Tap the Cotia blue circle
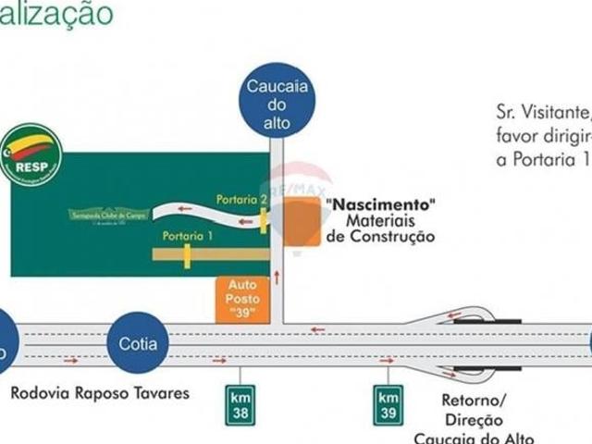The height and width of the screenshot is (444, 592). pyautogui.click(x=138, y=344)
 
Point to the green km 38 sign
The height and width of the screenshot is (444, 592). pyautogui.click(x=239, y=404)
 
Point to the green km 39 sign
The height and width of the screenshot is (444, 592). pyautogui.click(x=388, y=404)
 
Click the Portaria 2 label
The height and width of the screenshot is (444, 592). pyautogui.click(x=241, y=199)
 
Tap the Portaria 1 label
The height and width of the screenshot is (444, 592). pyautogui.click(x=188, y=236)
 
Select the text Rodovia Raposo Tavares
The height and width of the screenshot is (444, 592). pyautogui.click(x=100, y=393)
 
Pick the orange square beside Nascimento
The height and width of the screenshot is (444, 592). pyautogui.click(x=301, y=222)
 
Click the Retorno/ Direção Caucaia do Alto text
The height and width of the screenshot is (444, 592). pyautogui.click(x=475, y=420)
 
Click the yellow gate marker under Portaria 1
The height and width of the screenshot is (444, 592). pyautogui.click(x=188, y=253)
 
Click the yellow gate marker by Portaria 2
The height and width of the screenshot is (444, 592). pyautogui.click(x=264, y=221)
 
